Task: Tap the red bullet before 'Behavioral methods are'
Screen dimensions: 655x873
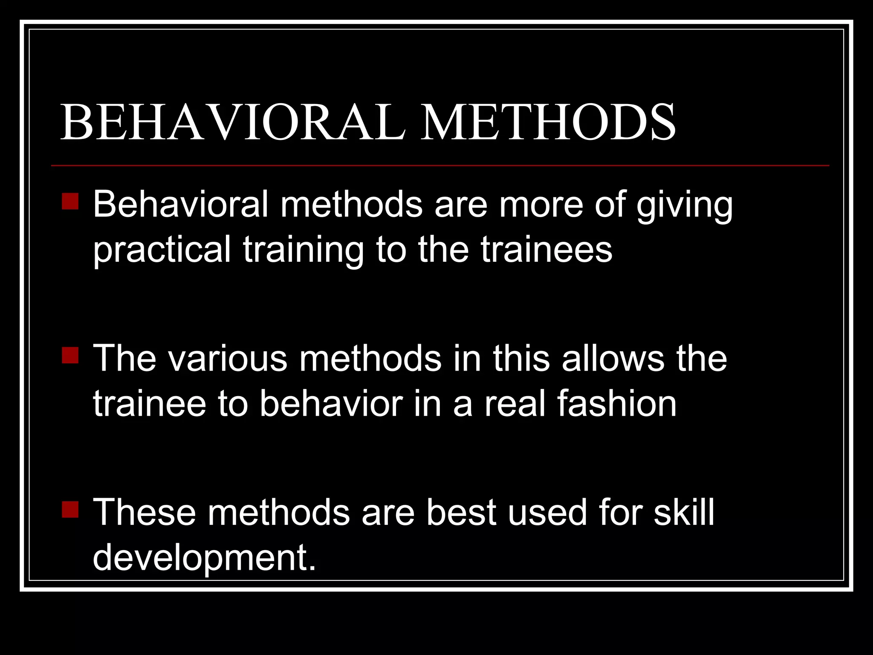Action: [x=70, y=201]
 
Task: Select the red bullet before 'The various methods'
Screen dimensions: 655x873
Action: [x=70, y=355]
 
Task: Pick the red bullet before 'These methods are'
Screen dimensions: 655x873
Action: [x=70, y=509]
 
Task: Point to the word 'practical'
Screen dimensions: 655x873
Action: [x=162, y=250]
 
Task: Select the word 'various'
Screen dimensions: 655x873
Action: [x=228, y=359]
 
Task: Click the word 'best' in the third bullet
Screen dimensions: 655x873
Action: [x=461, y=513]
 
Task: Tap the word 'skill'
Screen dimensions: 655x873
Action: [x=684, y=513]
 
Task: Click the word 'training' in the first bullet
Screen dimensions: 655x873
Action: [x=304, y=250]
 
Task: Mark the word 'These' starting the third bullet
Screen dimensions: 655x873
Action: [x=145, y=513]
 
